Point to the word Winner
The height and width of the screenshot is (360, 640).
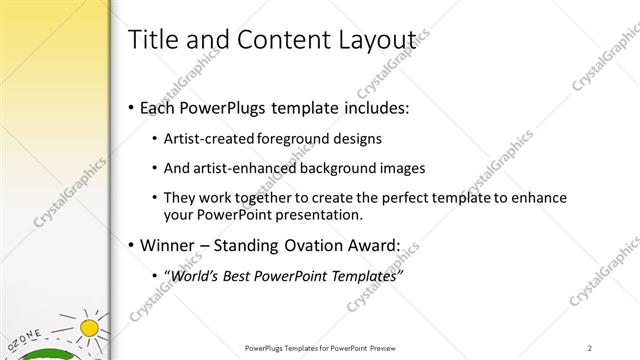coord(171,245)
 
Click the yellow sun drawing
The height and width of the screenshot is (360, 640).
coord(90,328)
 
